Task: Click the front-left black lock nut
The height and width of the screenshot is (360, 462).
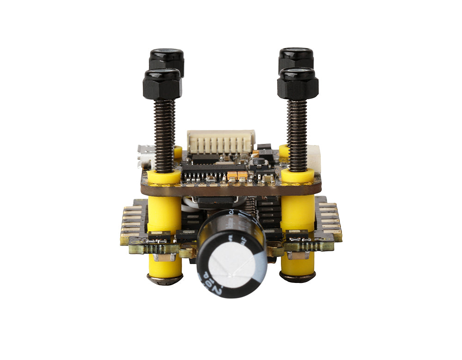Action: pyautogui.click(x=162, y=84)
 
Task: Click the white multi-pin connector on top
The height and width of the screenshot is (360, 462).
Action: pyautogui.click(x=221, y=141)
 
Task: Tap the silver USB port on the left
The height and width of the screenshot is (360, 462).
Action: pyautogui.click(x=146, y=156)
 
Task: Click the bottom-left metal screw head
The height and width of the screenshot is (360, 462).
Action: pyautogui.click(x=164, y=279)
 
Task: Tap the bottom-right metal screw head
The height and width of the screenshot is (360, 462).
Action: pyautogui.click(x=298, y=277)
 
